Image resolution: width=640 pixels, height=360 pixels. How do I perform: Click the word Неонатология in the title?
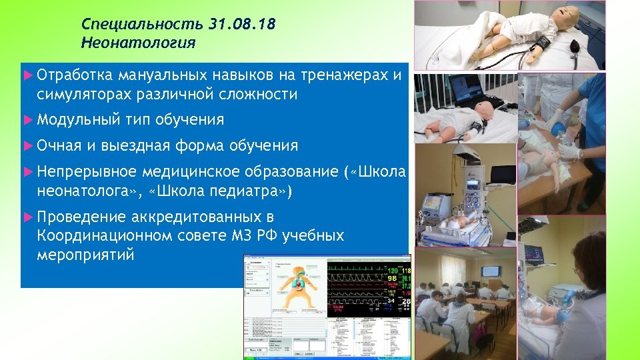pyautogui.click(x=138, y=43)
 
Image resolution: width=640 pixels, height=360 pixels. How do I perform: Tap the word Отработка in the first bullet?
pyautogui.click(x=75, y=75)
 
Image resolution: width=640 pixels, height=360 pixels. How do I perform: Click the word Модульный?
pyautogui.click(x=77, y=120)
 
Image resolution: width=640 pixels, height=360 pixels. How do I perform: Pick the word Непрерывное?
pyautogui.click(x=87, y=172)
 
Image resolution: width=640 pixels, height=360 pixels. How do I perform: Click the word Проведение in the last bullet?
pyautogui.click(x=81, y=217)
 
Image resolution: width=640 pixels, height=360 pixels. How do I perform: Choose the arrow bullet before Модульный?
pyautogui.click(x=27, y=120)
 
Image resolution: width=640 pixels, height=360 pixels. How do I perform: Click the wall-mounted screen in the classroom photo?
pyautogui.click(x=491, y=271)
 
